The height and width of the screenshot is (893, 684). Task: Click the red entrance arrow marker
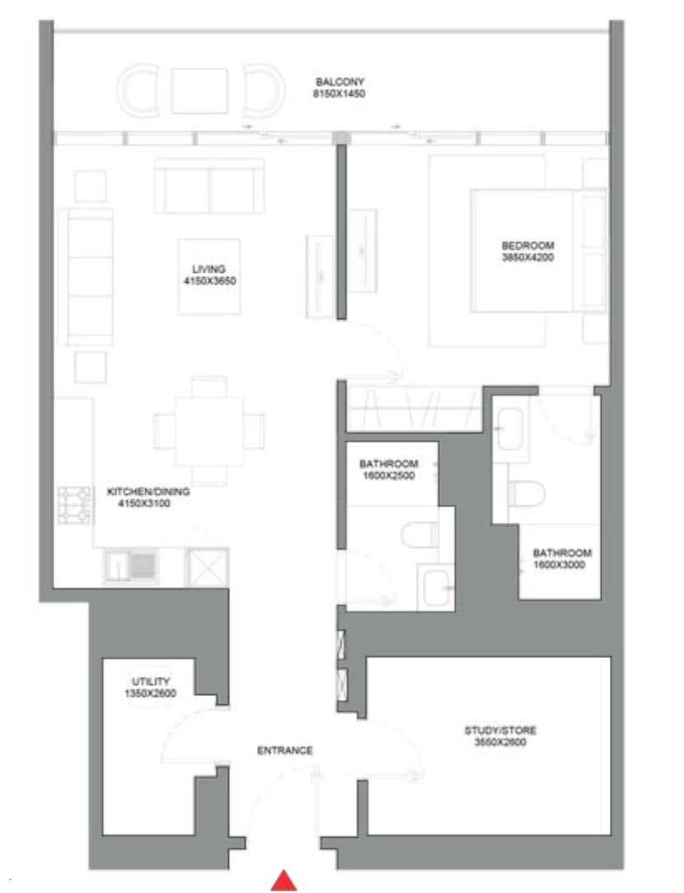(x=283, y=881)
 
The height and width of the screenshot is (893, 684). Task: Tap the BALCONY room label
(x=339, y=82)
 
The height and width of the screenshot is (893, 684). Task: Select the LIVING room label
(x=209, y=270)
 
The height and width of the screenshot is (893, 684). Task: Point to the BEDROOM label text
(x=527, y=245)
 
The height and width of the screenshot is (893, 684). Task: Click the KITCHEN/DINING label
(x=148, y=492)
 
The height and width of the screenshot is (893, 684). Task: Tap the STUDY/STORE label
(x=500, y=731)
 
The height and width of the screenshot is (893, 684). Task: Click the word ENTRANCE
(x=285, y=751)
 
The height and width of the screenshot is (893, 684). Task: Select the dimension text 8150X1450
(x=339, y=94)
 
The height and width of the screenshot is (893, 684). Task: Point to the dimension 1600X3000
(x=562, y=565)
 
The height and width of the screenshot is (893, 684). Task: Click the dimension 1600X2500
(x=388, y=476)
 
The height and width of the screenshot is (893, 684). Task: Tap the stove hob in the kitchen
(x=73, y=505)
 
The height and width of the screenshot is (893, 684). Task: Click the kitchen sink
(x=130, y=566)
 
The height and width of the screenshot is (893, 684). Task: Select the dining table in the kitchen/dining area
(x=209, y=430)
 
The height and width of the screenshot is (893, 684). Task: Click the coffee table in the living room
(x=209, y=276)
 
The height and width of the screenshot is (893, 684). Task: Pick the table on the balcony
(x=199, y=91)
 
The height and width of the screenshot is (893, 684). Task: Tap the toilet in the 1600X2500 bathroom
(x=421, y=533)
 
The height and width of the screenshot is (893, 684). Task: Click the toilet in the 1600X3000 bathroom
(x=527, y=492)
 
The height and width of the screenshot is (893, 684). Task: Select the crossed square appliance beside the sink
(x=207, y=567)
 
